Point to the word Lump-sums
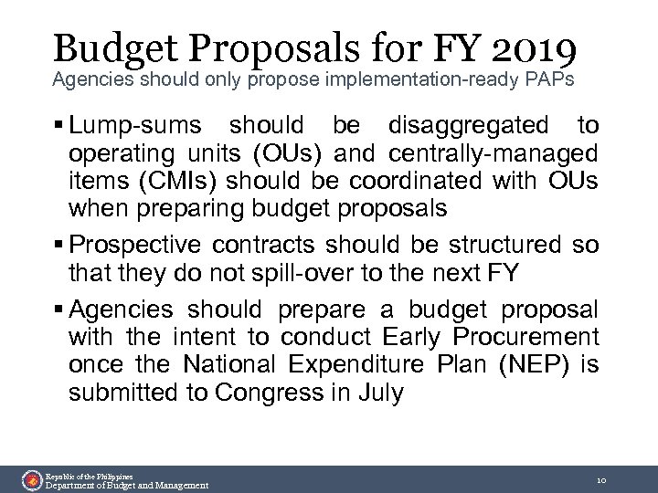tap(138, 124)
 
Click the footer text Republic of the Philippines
tap(90, 476)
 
